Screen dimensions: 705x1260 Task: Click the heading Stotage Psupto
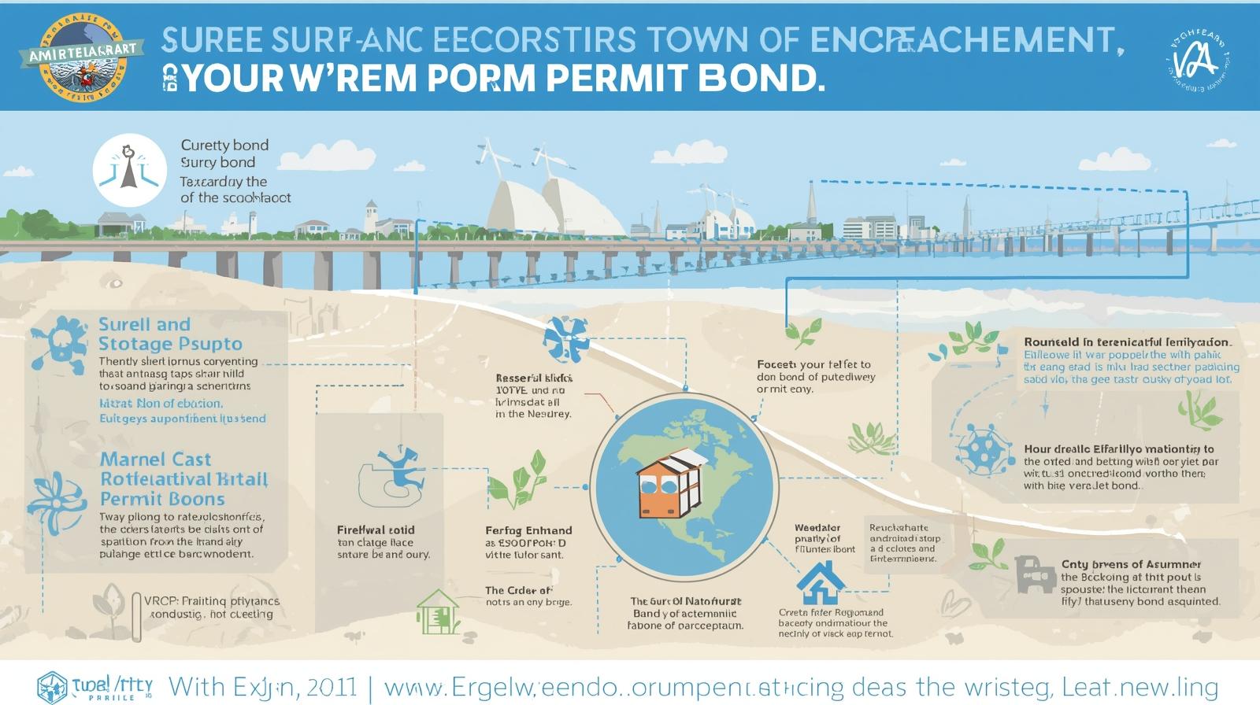[x=170, y=344]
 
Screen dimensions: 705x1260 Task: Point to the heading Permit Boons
[x=162, y=499]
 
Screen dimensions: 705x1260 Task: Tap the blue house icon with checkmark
[x=821, y=582]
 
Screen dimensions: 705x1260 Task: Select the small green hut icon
[x=438, y=611]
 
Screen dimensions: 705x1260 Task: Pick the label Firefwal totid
[x=376, y=530]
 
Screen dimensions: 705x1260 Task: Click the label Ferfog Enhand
[x=528, y=530]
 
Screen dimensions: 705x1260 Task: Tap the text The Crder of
[x=518, y=590]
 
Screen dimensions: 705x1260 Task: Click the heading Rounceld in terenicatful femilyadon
[x=1127, y=342]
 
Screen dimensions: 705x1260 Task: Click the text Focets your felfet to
[x=813, y=364]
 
